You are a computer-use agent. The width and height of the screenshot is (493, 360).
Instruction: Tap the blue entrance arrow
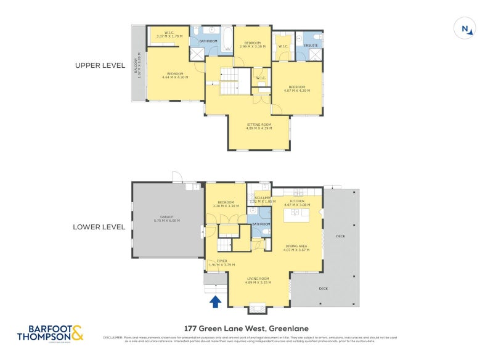coord(216,301)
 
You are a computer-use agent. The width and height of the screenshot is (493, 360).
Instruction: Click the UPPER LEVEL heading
coord(100,65)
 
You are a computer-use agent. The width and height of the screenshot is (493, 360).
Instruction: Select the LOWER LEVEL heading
coord(99,226)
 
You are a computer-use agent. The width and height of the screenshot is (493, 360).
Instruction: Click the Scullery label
coord(260,199)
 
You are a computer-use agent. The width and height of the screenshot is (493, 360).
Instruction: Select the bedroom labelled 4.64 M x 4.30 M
coord(175,75)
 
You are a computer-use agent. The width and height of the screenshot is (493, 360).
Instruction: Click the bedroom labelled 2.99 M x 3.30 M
coord(252,44)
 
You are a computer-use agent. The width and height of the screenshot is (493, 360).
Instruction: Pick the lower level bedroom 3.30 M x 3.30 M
coord(226,203)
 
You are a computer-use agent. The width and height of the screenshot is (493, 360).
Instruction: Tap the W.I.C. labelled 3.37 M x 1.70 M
coord(168,35)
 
